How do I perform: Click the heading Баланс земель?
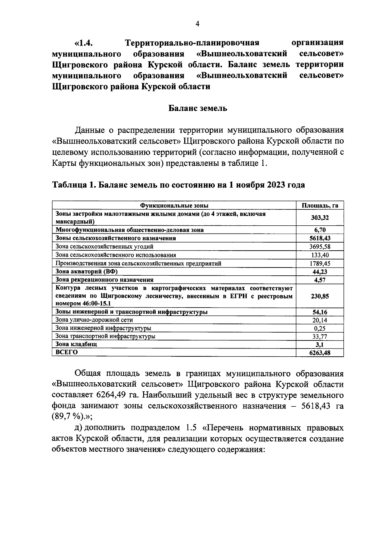[198, 108]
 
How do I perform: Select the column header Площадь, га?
[320, 205]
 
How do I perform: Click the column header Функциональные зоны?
[174, 205]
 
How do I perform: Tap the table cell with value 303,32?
[320, 218]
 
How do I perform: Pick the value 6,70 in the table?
[320, 230]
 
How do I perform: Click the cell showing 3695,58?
[320, 247]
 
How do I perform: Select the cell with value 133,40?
[320, 255]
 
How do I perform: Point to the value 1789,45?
[320, 263]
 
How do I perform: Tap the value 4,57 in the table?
[320, 280]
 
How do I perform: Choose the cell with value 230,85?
[320, 296]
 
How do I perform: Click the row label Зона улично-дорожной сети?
[94, 320]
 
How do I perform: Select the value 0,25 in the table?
[320, 328]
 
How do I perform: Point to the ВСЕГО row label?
[67, 352]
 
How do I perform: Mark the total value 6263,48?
[320, 353]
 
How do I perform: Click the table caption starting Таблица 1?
[178, 185]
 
